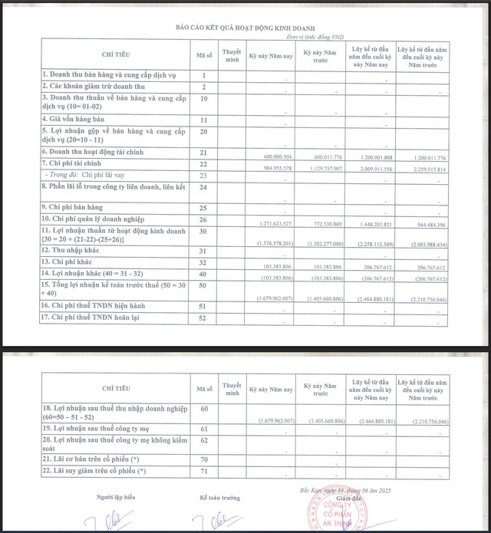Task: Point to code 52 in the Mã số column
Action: (204, 317)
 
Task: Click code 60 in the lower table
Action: (204, 409)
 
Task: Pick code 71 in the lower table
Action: (204, 470)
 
